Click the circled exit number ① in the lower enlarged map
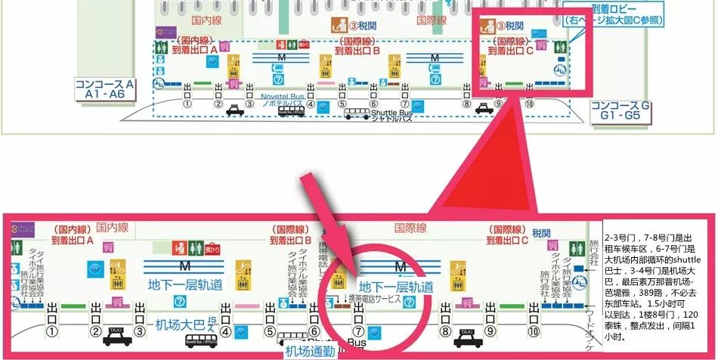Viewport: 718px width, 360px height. click(x=51, y=331)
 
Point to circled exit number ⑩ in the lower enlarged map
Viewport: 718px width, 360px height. click(x=534, y=331)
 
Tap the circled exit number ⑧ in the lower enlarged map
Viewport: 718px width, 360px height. click(x=446, y=331)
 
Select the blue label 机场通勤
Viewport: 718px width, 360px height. click(x=308, y=351)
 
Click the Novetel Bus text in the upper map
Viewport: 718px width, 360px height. click(x=281, y=98)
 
